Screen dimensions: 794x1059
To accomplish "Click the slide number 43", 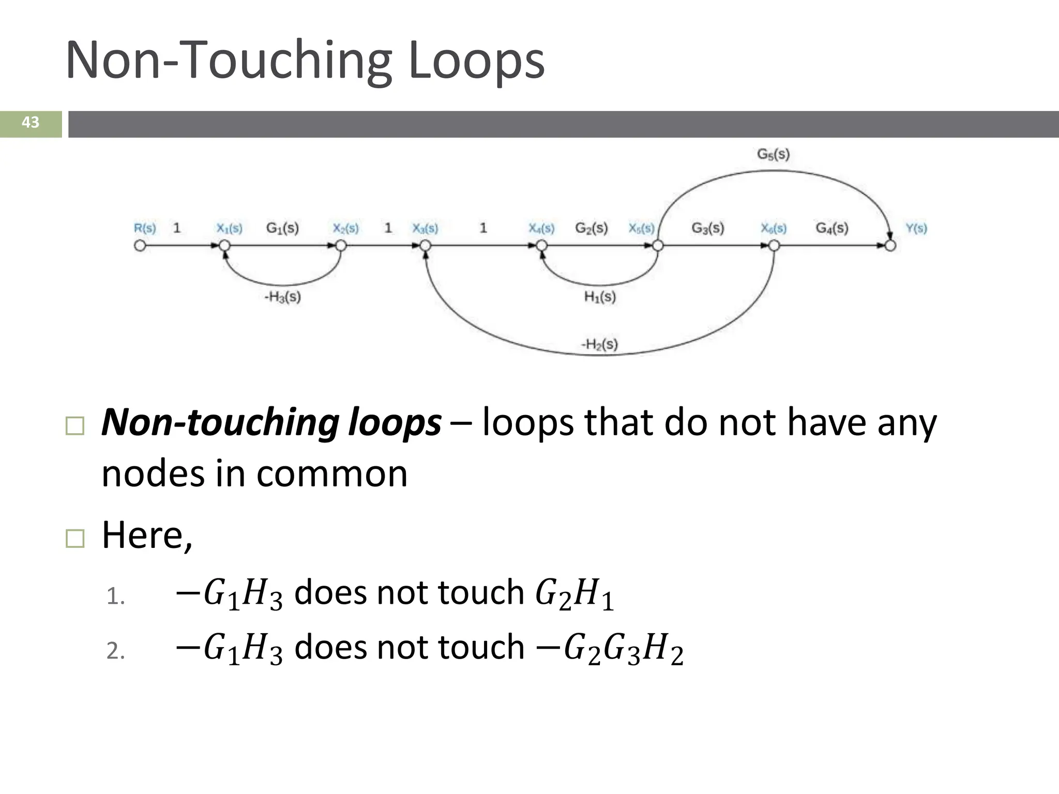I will (x=31, y=123).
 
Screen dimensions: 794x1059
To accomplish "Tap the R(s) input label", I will (x=145, y=228).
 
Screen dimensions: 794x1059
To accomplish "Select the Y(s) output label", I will (x=916, y=228).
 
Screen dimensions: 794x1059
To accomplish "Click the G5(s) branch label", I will (x=773, y=154).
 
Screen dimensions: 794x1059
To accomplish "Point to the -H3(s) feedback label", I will (x=282, y=297).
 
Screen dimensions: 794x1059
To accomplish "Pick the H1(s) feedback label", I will (x=600, y=297).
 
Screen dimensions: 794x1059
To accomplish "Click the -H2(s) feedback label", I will (x=599, y=344).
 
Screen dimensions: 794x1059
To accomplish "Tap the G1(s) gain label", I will (x=282, y=228).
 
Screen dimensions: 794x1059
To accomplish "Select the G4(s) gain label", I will (x=832, y=228).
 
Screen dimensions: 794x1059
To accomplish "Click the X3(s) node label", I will (x=425, y=228).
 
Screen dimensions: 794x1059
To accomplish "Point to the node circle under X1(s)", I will (x=224, y=246).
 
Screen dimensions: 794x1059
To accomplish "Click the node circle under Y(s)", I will (x=890, y=246).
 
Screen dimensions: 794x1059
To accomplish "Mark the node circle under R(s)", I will (x=140, y=246).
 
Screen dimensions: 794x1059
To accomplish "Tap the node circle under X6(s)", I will (x=774, y=246).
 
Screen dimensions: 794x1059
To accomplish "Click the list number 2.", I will (x=115, y=650).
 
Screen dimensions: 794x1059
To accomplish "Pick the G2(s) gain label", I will (x=592, y=228).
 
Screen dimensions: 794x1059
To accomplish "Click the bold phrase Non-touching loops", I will (x=271, y=422).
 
